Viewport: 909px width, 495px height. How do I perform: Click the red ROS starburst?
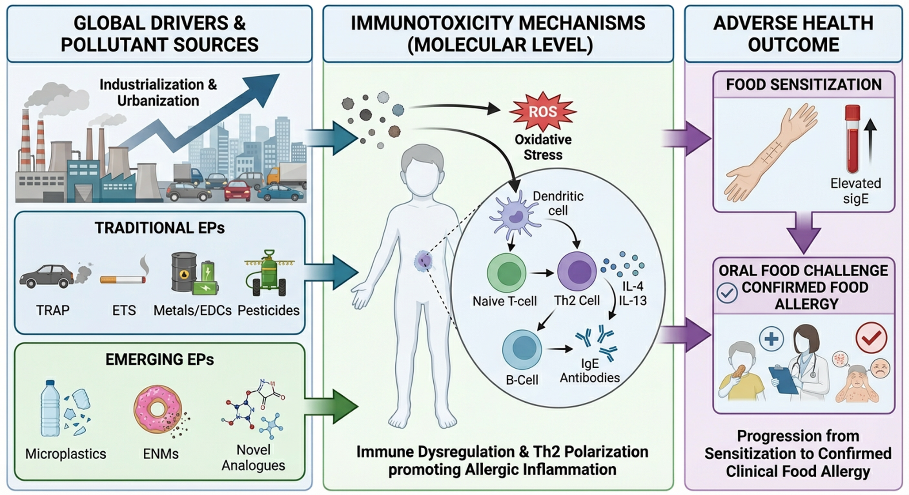point(542,111)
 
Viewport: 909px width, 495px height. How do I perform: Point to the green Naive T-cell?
point(507,272)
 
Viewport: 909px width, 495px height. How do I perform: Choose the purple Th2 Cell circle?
point(577,271)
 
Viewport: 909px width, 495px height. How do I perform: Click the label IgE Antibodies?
point(590,370)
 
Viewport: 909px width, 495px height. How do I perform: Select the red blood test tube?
point(852,139)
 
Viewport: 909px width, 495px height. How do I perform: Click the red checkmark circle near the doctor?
point(871,338)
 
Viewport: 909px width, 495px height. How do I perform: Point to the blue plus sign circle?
point(771,339)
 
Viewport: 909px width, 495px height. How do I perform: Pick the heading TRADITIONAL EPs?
point(160,228)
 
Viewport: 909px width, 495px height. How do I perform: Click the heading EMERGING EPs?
point(160,359)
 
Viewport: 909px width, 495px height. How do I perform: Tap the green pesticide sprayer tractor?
point(268,274)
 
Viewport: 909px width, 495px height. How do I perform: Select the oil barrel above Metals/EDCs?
point(184,272)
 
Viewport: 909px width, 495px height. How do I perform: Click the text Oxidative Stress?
point(543,147)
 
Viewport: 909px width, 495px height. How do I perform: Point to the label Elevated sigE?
point(856,191)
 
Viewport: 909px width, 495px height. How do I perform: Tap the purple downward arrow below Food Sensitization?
point(804,233)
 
